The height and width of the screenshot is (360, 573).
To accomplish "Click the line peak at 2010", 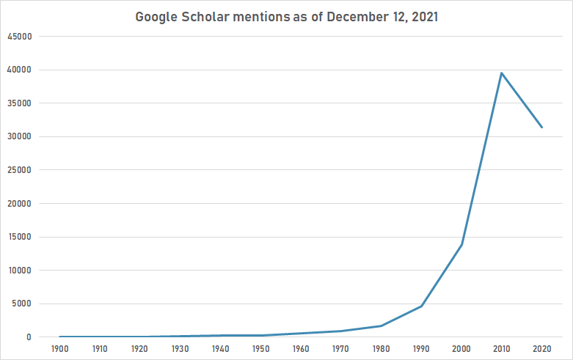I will pos(502,73).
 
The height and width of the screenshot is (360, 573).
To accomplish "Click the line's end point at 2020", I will pos(541,128).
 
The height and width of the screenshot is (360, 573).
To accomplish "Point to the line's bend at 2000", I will pos(461,244).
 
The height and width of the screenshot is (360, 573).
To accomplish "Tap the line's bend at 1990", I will pos(422,306).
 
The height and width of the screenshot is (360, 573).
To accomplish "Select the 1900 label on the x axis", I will pos(60,350).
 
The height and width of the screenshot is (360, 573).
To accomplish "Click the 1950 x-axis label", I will pos(261,350).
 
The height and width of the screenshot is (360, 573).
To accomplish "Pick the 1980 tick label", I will pos(382,350).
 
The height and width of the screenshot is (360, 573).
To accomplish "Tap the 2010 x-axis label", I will pos(502,350).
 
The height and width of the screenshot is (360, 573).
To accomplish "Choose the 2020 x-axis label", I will pos(542,350).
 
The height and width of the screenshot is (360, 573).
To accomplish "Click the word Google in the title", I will pos(156,17).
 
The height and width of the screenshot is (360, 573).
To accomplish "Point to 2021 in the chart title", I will pos(423,17).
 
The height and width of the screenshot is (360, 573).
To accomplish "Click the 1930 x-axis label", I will pos(180,350).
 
